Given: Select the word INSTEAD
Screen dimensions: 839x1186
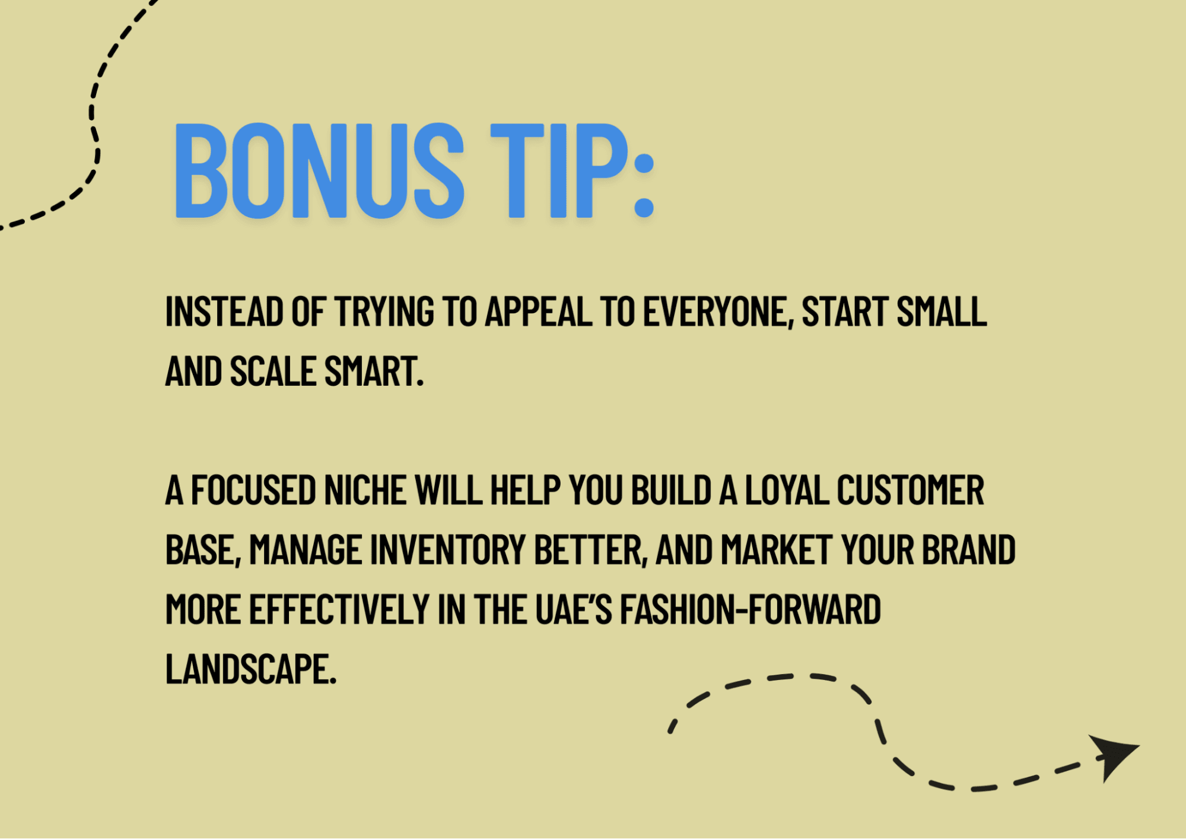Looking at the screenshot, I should (224, 312).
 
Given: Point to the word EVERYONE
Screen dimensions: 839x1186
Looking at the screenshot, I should (718, 312).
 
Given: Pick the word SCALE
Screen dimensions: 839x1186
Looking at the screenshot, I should (273, 371).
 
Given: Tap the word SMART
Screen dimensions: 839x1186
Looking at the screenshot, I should (373, 371).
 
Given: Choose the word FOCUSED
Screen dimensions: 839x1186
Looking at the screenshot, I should (253, 491).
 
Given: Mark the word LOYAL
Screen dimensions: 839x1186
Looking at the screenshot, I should (787, 491).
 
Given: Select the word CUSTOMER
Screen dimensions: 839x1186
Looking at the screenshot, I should (910, 491).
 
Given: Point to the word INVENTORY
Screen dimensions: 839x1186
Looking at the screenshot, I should (448, 550).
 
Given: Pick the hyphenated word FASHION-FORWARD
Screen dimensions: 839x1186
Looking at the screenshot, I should (750, 609).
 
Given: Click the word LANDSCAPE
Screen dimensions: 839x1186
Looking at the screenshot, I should (250, 669).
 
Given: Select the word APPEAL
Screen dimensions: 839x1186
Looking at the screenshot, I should (539, 312).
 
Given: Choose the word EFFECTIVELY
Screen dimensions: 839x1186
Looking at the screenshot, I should (339, 609).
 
